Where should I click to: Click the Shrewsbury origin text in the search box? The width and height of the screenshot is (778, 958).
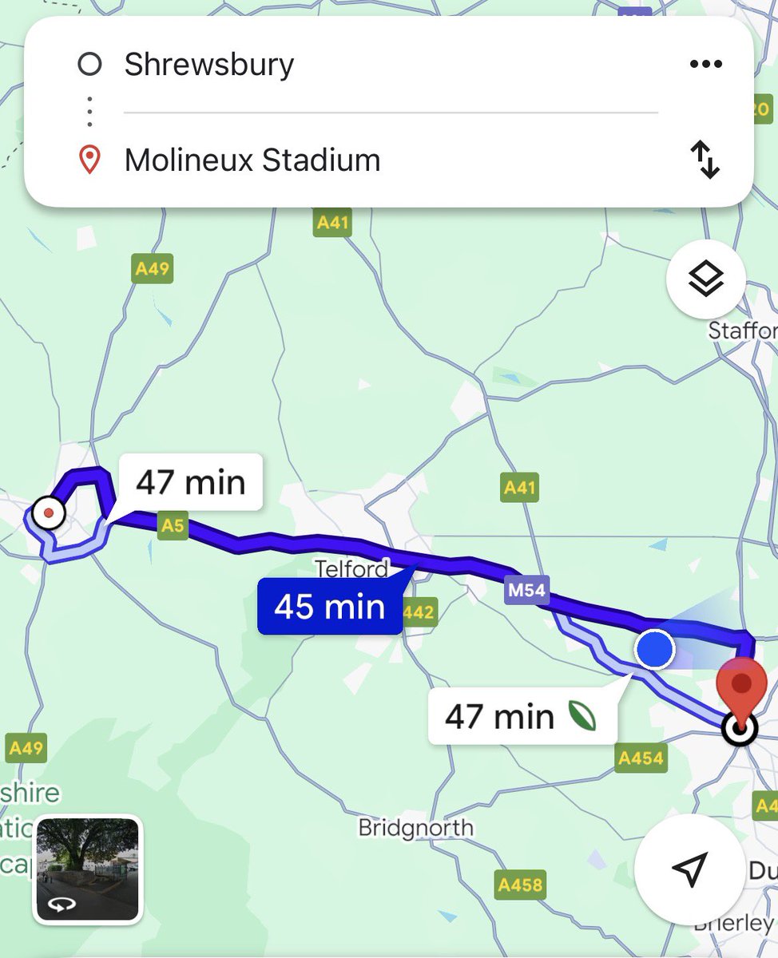coord(208,65)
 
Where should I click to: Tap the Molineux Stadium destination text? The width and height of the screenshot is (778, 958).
coord(252,160)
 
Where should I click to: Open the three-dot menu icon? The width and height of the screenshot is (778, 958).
coord(705,64)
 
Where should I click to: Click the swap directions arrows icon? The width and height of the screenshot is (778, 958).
coord(705,160)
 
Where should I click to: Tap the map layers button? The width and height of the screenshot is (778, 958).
coord(706,280)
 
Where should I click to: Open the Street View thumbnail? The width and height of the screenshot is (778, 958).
coord(88,869)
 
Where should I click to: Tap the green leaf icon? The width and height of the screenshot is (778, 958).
coord(582,716)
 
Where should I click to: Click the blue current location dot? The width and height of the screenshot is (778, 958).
coord(655,649)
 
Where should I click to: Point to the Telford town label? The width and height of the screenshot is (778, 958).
coord(351,569)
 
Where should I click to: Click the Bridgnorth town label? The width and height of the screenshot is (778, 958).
coord(415,827)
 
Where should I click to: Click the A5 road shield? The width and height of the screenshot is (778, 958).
coord(173,525)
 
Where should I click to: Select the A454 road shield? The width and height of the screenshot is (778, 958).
coord(641,758)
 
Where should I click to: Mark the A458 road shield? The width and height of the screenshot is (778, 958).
coord(520,885)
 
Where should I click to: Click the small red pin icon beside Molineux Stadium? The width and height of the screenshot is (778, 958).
coord(89,160)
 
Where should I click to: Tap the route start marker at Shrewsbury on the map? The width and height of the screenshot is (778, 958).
coord(50,513)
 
